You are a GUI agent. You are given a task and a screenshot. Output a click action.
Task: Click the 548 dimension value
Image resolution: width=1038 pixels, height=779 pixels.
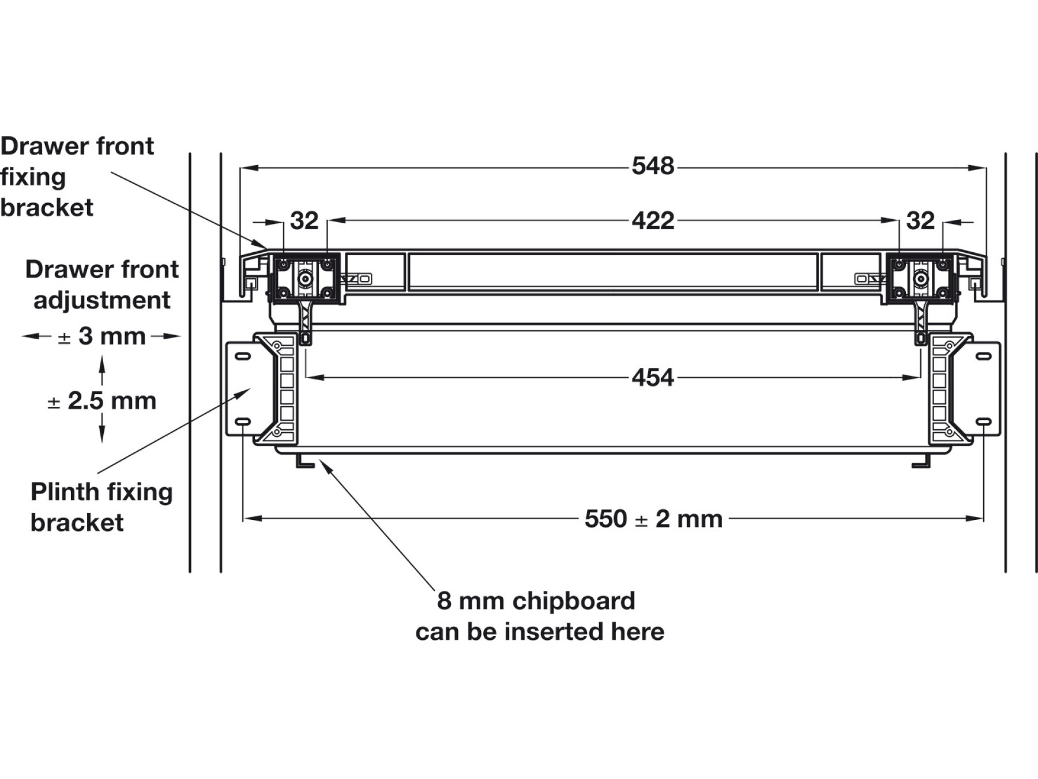point(652,166)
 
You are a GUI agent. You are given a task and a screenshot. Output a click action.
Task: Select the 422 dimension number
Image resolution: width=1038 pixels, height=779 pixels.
point(652,220)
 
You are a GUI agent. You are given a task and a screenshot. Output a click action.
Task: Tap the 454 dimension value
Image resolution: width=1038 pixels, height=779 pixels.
point(652,378)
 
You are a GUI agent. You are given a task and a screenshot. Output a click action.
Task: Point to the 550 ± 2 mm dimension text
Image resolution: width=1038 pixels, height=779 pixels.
point(653,519)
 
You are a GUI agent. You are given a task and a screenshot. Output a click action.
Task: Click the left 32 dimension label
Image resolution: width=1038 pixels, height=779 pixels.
point(304,220)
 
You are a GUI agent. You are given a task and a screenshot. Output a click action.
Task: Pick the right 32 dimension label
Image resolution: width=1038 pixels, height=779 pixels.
point(920,220)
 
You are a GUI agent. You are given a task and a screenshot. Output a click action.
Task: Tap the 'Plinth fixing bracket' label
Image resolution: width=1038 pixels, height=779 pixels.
point(101,507)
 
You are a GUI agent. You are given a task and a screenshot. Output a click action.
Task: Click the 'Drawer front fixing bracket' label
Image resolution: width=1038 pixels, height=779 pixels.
point(77,177)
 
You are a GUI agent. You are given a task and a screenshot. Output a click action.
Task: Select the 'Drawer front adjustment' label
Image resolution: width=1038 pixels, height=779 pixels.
point(102,284)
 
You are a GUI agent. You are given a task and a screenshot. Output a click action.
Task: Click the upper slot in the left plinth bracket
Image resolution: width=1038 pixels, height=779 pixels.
point(243,356)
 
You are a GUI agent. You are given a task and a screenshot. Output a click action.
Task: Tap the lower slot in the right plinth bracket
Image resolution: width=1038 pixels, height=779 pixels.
point(983,422)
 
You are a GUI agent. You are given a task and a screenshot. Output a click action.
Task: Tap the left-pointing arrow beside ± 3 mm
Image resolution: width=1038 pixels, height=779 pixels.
point(32,336)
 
